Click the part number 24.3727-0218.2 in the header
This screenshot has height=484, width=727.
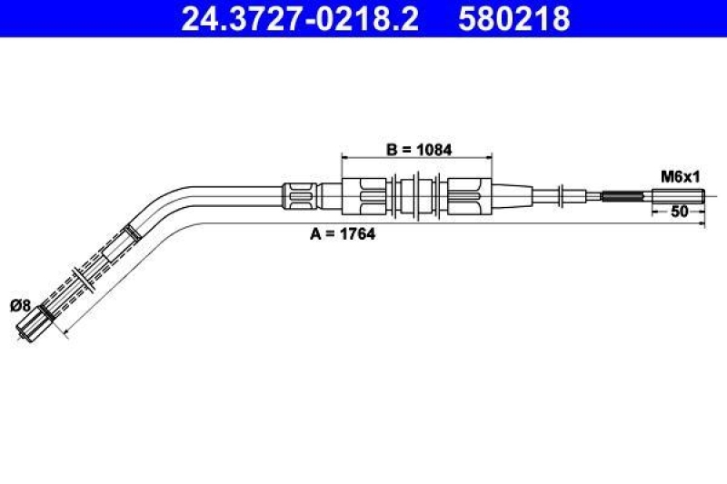coord(300,18)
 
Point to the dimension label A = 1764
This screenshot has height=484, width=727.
coord(343,233)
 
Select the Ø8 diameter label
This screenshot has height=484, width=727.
coord(19,306)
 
